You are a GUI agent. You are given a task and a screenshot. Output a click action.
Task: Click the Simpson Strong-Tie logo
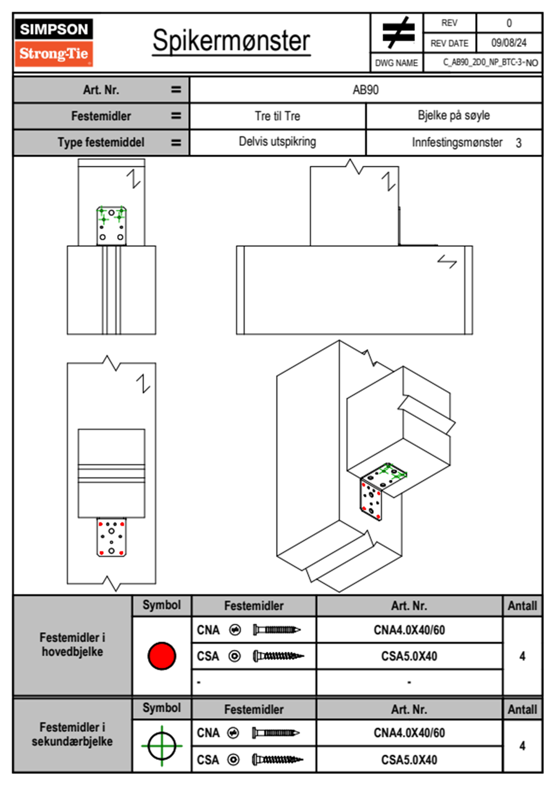click(x=54, y=42)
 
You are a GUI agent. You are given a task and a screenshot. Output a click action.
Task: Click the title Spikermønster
click(x=231, y=41)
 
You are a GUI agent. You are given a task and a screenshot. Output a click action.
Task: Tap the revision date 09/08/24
click(x=508, y=43)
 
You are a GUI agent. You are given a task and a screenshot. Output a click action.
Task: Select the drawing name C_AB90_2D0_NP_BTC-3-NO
click(x=490, y=63)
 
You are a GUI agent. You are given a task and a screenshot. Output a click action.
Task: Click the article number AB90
click(x=365, y=90)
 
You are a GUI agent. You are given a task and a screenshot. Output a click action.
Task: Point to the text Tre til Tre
click(x=277, y=116)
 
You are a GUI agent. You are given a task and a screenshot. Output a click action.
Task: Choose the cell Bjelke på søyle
click(x=453, y=115)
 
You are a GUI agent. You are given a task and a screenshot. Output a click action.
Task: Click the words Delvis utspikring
click(x=277, y=142)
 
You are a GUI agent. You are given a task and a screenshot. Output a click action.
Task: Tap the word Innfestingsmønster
click(x=457, y=143)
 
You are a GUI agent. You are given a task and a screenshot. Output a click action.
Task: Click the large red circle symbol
click(x=162, y=656)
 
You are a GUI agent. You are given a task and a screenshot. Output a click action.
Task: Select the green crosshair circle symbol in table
click(x=162, y=746)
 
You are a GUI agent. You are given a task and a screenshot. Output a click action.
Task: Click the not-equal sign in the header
click(x=398, y=33)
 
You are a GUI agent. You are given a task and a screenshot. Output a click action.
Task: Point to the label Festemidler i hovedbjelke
click(x=72, y=644)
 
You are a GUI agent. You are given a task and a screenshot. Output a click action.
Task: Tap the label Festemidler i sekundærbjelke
click(x=72, y=734)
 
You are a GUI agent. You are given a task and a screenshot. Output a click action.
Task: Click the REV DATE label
click(x=449, y=43)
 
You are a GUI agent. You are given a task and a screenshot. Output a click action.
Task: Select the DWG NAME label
click(x=396, y=63)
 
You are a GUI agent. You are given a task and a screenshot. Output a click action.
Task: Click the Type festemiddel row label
click(x=100, y=143)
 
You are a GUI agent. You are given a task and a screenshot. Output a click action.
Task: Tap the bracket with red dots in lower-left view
click(x=111, y=537)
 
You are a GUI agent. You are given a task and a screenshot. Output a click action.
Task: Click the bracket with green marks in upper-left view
click(x=111, y=225)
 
